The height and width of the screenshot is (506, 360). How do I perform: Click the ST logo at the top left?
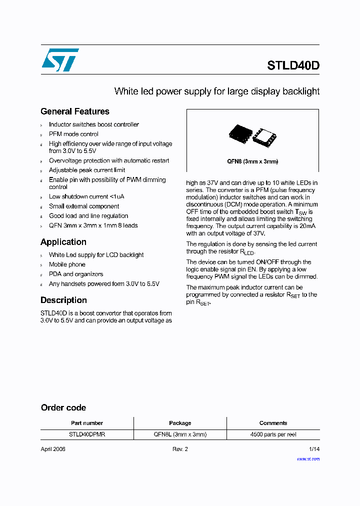[59, 60]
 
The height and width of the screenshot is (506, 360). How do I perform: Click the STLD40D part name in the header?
[293, 65]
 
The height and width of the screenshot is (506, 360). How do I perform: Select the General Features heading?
[74, 111]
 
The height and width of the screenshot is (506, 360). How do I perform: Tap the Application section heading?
[63, 242]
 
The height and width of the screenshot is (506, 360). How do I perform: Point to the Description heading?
[63, 300]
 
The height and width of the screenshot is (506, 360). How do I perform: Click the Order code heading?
[63, 407]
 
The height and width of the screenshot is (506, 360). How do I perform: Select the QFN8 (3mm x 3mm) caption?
[252, 161]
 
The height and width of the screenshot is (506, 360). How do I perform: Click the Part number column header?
[86, 423]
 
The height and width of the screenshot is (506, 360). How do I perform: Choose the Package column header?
[180, 423]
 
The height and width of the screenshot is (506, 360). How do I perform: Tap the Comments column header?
[273, 423]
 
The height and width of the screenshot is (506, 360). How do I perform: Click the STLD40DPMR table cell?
[86, 435]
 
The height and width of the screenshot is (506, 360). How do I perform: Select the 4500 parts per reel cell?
[273, 435]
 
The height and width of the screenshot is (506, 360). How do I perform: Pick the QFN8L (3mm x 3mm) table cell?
[180, 435]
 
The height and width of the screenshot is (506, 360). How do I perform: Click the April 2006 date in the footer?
[53, 449]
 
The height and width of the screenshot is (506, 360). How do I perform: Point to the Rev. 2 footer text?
[180, 449]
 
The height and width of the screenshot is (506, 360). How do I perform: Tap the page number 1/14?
[314, 449]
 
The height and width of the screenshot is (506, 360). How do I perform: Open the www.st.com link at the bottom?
[308, 458]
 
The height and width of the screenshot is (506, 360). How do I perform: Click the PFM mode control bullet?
[73, 134]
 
